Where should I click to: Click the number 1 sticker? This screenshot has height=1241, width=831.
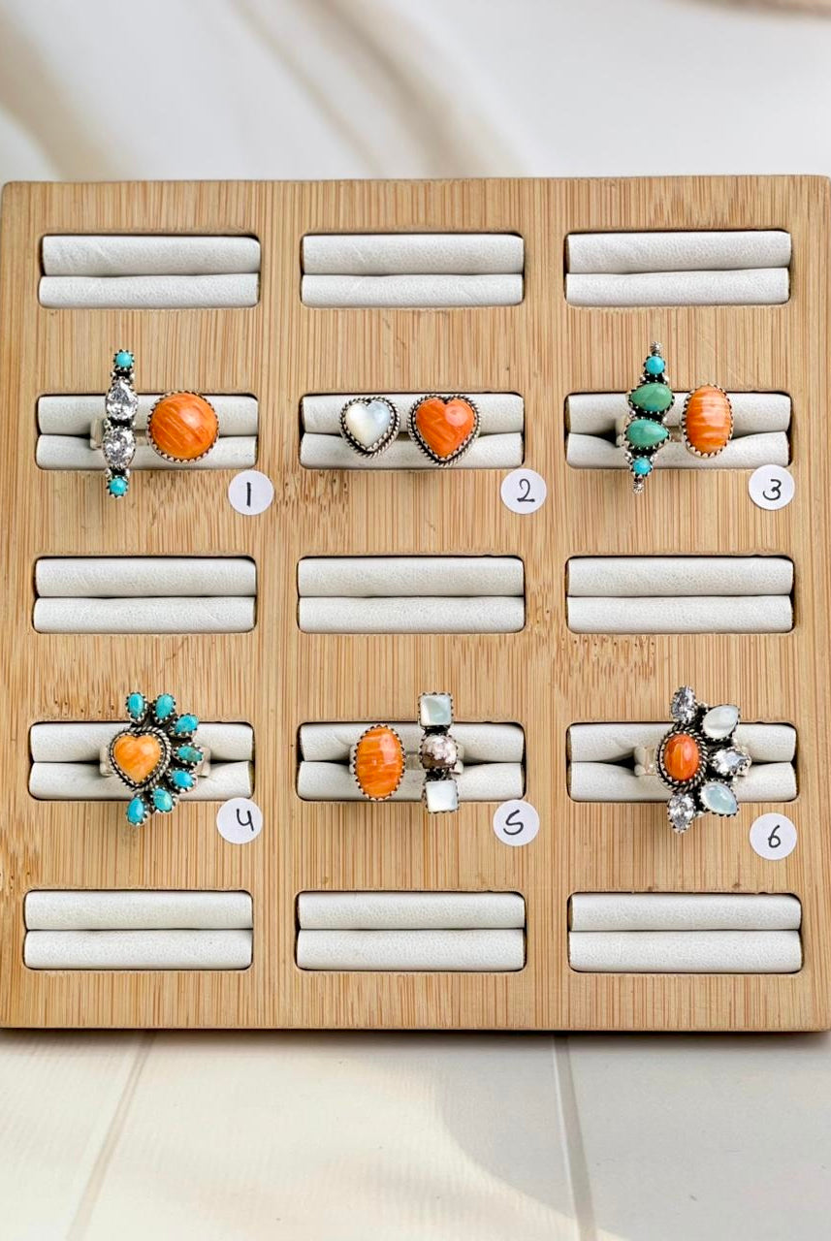250,493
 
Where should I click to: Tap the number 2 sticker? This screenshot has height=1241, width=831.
523,491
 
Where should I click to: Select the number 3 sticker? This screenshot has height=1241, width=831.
771,487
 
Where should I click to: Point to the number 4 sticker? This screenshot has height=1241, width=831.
240,820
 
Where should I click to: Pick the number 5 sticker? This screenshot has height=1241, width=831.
516,823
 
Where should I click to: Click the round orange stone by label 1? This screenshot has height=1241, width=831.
183,426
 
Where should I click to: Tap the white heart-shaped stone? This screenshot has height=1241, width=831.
369,424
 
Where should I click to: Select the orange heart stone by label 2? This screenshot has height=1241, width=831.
443,428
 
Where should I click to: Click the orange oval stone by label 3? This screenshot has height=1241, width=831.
709,419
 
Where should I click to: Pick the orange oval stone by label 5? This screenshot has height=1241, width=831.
380,761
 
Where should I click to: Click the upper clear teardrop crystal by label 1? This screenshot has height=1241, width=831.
121,396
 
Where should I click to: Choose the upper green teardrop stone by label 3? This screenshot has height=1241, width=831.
652,398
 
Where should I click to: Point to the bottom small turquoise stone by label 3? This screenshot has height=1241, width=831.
641,466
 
